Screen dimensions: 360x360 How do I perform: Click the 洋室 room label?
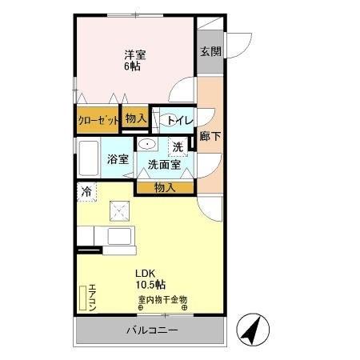pyautogui.click(x=134, y=54)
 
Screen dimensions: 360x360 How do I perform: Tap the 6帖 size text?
pyautogui.click(x=133, y=66)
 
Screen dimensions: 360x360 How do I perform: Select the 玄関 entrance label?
pyautogui.click(x=210, y=52)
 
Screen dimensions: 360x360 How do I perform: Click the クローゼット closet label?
pyautogui.click(x=98, y=120)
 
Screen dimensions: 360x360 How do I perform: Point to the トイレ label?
pyautogui.click(x=177, y=120)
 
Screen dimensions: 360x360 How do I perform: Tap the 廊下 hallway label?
pyautogui.click(x=211, y=136)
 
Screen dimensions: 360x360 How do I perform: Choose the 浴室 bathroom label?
pyautogui.click(x=118, y=158)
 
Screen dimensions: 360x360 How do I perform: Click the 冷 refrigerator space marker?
pyautogui.click(x=85, y=191)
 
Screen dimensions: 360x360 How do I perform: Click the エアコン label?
pyautogui.click(x=93, y=297)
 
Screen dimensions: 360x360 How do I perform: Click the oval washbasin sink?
pyautogui.click(x=147, y=144)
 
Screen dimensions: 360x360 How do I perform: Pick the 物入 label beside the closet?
pyautogui.click(x=135, y=118)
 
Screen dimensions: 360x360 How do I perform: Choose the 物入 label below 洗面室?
pyautogui.click(x=164, y=187)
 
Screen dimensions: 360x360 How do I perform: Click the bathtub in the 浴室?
pyautogui.click(x=89, y=158)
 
